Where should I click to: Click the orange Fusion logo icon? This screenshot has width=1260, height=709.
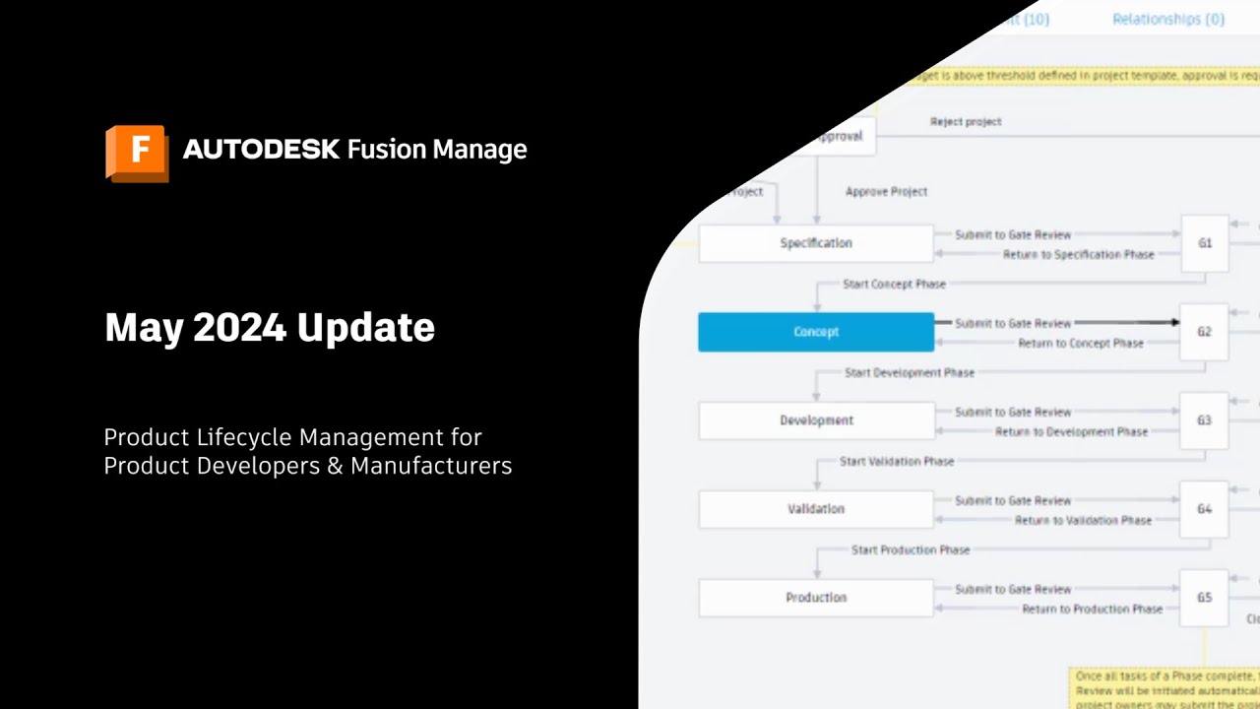pyautogui.click(x=137, y=153)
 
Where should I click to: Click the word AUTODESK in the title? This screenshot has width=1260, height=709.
pyautogui.click(x=261, y=150)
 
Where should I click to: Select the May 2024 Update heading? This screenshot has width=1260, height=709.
pyautogui.click(x=270, y=327)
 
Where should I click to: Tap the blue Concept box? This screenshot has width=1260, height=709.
pyautogui.click(x=816, y=332)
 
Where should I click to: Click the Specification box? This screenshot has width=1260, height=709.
pyautogui.click(x=816, y=243)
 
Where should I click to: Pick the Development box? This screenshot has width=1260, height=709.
pyautogui.click(x=816, y=420)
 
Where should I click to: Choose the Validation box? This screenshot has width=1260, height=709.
pyautogui.click(x=816, y=509)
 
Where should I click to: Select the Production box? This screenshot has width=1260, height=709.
pyautogui.click(x=816, y=598)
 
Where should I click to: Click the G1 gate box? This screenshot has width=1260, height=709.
pyautogui.click(x=1204, y=243)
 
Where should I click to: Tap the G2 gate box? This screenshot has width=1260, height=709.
pyautogui.click(x=1204, y=332)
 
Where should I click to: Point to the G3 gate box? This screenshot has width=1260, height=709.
pyautogui.click(x=1204, y=420)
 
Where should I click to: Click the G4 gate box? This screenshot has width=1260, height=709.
pyautogui.click(x=1204, y=509)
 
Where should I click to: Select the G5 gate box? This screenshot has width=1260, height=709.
pyautogui.click(x=1204, y=598)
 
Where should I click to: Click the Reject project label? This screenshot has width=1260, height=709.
pyautogui.click(x=966, y=122)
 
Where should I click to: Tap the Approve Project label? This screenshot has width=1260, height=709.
pyautogui.click(x=886, y=192)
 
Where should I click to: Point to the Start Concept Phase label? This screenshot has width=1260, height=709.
pyautogui.click(x=894, y=285)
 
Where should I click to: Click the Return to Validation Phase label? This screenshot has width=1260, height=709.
pyautogui.click(x=1083, y=521)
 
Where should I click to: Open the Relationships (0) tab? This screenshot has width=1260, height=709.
pyautogui.click(x=1168, y=19)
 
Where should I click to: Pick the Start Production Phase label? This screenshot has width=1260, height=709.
pyautogui.click(x=910, y=550)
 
